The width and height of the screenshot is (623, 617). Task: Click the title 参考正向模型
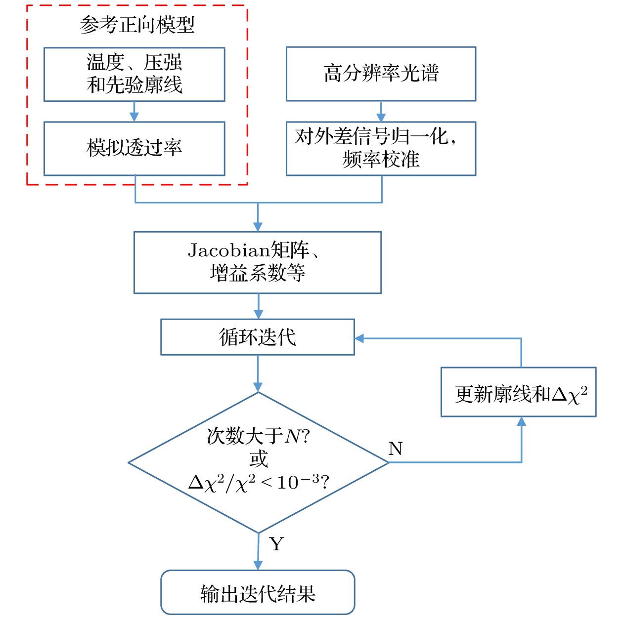coord(137,25)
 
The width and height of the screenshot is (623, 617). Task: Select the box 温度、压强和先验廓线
coord(134,74)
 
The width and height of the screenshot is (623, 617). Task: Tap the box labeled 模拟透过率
coord(134,148)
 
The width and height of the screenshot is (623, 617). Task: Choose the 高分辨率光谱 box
coord(381,74)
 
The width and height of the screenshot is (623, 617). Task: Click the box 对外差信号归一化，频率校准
coord(381,148)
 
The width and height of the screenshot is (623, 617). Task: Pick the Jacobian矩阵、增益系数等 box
coord(257,262)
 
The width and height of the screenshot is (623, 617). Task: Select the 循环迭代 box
coord(257,337)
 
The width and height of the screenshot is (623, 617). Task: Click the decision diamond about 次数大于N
coord(258,462)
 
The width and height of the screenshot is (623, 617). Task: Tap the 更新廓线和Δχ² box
coord(518,392)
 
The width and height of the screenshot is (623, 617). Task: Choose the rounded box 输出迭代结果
coord(258,592)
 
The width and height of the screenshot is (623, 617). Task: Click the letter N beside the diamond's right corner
coord(396,449)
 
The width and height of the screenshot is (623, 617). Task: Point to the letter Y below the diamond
coord(276,544)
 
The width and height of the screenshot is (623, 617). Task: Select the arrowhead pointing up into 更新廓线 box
coord(521,421)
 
